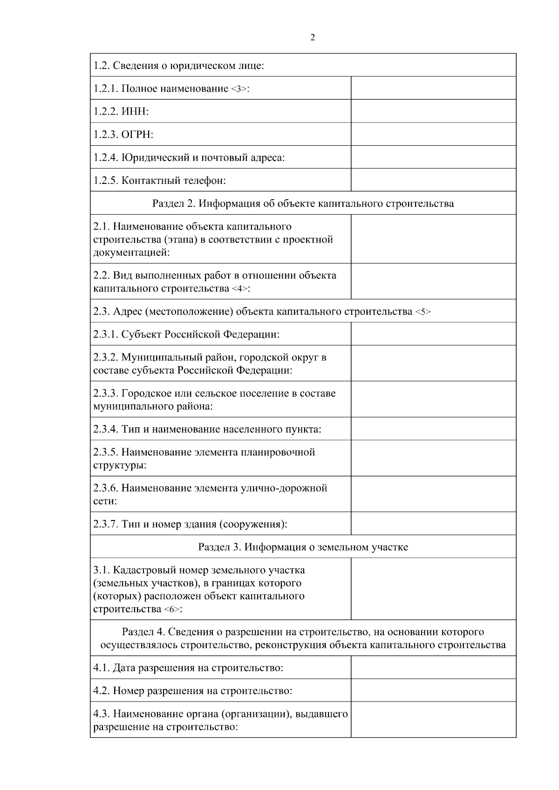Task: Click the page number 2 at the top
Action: click(313, 38)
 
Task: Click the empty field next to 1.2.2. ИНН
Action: click(433, 111)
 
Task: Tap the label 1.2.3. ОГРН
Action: click(123, 135)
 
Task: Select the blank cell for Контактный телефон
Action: click(433, 180)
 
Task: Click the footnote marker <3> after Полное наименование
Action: click(239, 89)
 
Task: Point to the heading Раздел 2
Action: click(303, 203)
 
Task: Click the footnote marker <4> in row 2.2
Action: click(240, 289)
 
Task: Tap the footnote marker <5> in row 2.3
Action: click(423, 312)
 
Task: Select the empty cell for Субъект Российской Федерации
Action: click(433, 334)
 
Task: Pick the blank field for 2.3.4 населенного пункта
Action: click(433, 429)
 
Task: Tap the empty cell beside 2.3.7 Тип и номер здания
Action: click(433, 524)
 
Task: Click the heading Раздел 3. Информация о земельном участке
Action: click(303, 547)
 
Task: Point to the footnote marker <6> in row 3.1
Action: click(172, 610)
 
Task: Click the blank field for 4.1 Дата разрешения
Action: click(433, 668)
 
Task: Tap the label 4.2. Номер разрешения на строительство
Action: click(193, 691)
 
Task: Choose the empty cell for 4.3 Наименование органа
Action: click(433, 720)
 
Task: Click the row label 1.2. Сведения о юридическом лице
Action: click(179, 66)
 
